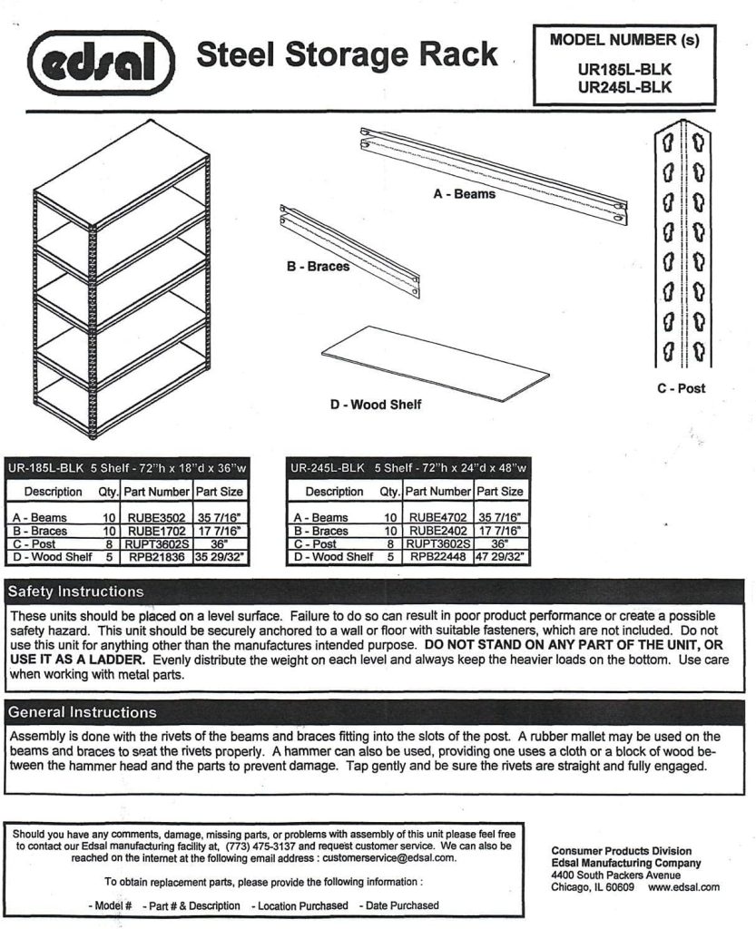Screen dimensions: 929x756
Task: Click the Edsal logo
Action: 101,63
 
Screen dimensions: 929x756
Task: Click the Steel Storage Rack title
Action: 348,54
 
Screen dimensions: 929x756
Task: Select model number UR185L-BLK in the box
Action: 623,68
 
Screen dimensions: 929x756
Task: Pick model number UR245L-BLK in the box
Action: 623,87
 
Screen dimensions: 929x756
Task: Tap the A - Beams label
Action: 464,194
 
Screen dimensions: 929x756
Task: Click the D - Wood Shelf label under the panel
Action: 375,404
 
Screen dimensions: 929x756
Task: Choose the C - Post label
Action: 681,388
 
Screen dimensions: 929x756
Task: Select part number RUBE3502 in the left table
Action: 156,517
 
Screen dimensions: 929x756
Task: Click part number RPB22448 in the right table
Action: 437,556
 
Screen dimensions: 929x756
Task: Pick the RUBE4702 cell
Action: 437,517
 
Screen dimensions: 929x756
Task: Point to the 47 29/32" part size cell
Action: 499,556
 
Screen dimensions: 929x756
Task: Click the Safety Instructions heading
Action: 76,592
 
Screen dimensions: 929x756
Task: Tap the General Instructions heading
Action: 82,712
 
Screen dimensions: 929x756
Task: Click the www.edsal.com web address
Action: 684,887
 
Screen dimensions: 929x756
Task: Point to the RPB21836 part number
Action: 156,556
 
